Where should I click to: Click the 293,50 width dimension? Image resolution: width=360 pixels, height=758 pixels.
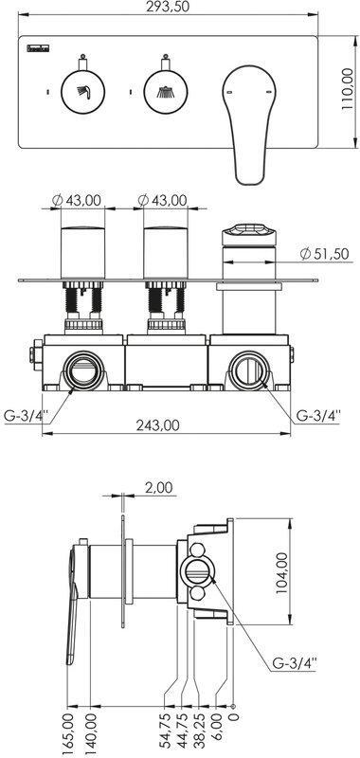(x=168, y=7)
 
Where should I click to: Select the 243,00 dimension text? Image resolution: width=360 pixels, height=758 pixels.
(x=157, y=425)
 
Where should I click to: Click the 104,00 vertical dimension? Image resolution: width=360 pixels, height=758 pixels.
(x=281, y=572)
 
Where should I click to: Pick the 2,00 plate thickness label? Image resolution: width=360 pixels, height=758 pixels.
(x=159, y=488)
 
